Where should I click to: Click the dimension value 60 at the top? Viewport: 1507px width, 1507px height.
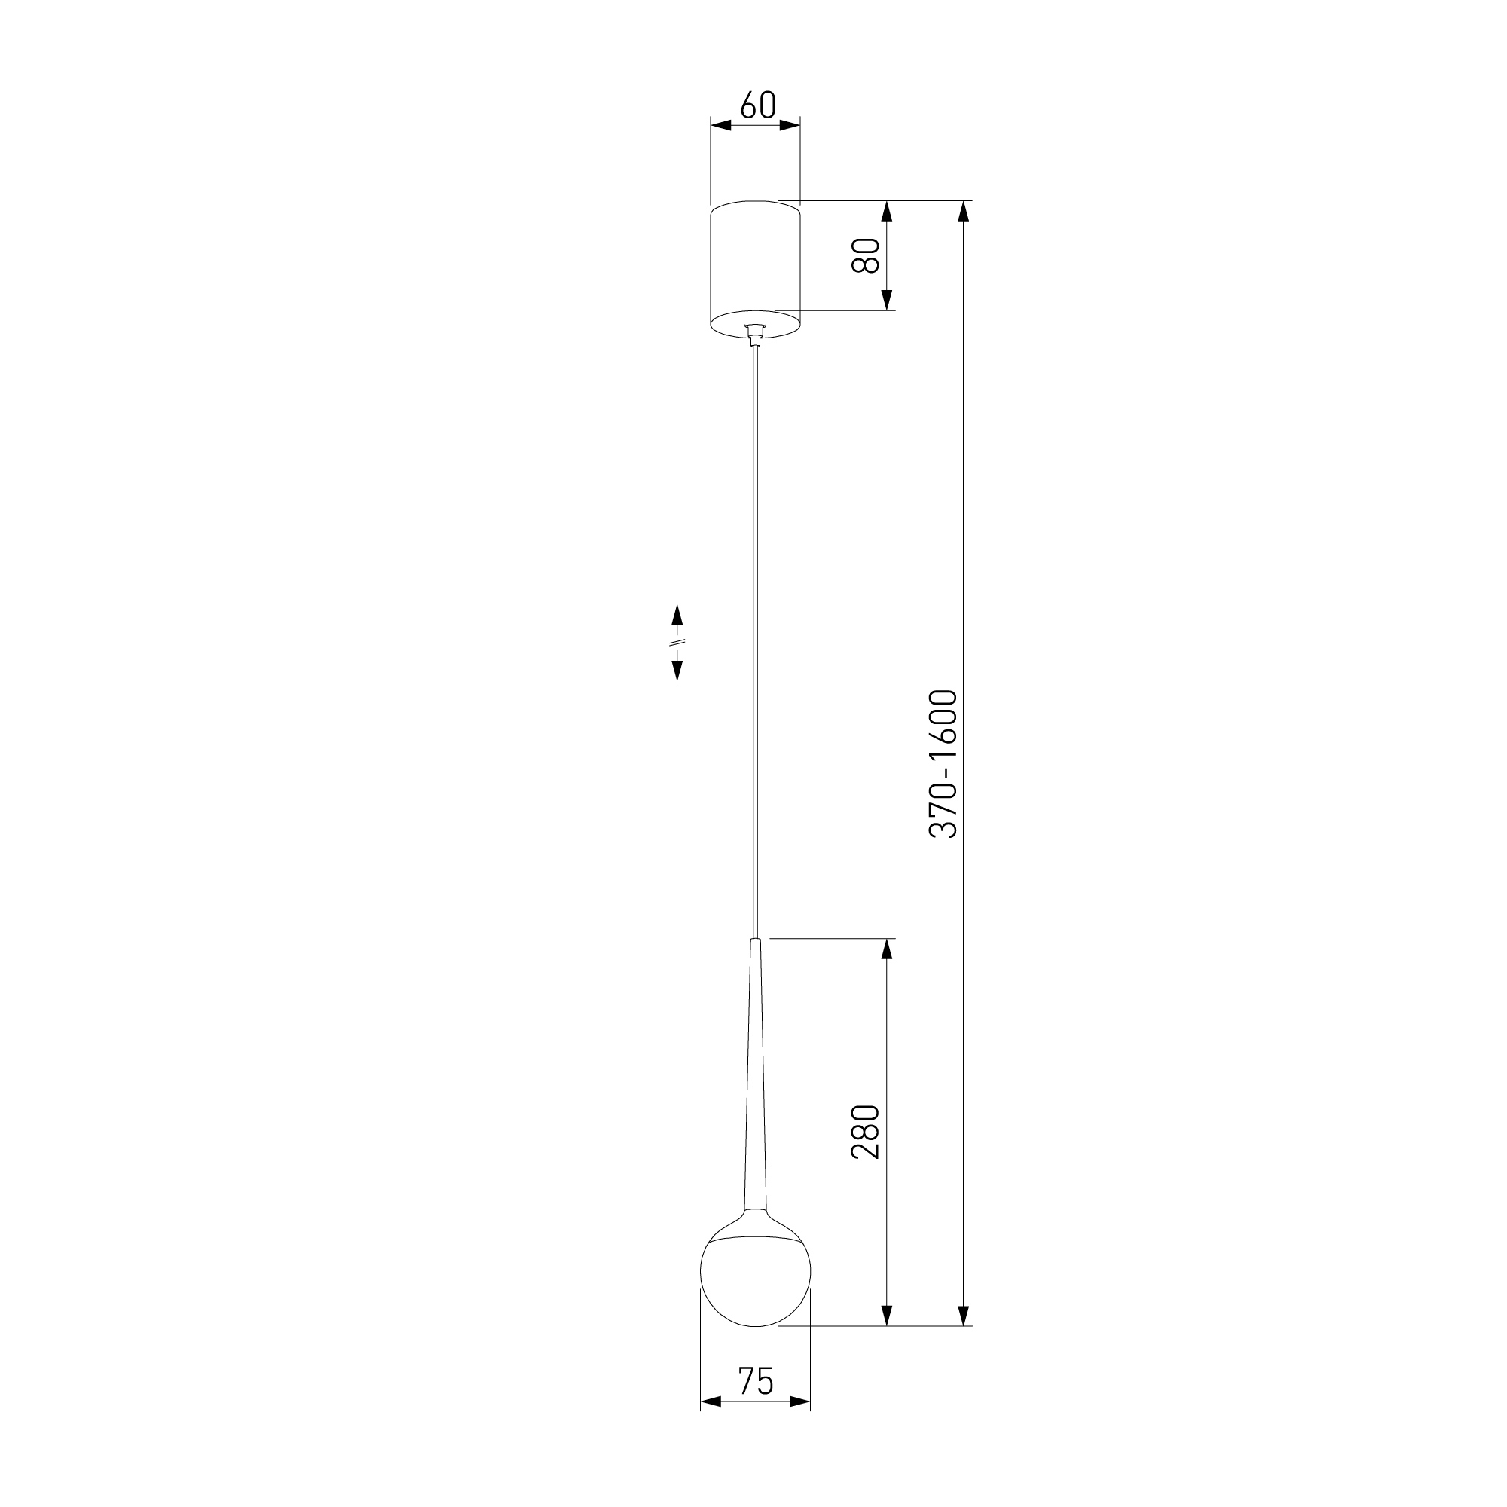757,105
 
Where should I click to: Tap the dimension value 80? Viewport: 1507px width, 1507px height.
866,255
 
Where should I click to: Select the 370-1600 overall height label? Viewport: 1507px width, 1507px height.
943,763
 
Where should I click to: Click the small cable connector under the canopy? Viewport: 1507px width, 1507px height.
754,334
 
